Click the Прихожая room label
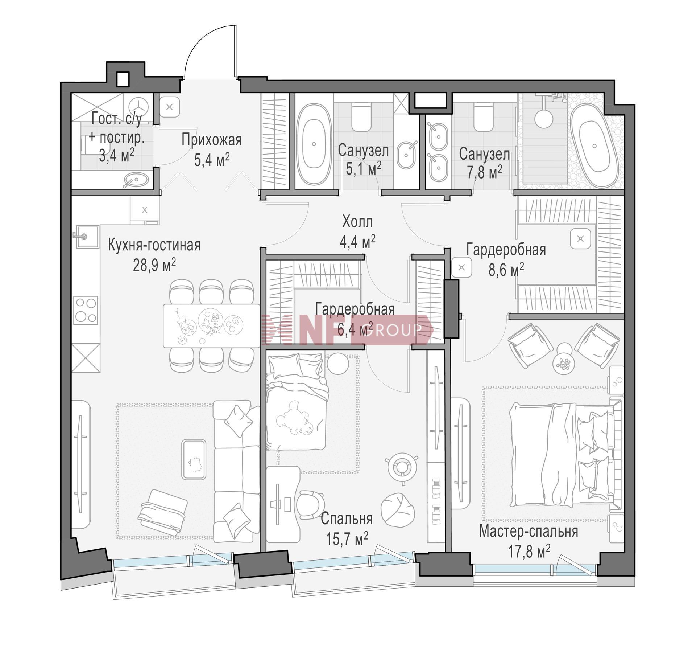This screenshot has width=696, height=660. (212, 139)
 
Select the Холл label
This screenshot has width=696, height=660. (357, 221)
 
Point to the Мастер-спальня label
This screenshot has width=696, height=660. (529, 531)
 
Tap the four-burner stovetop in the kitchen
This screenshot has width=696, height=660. (86, 310)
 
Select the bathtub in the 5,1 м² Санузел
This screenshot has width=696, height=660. (314, 144)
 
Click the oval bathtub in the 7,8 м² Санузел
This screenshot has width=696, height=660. (594, 145)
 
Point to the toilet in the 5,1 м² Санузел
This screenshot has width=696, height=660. (361, 117)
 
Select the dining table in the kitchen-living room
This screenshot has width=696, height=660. (211, 325)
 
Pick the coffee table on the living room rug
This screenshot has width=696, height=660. (194, 459)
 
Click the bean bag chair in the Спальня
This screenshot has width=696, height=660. (398, 510)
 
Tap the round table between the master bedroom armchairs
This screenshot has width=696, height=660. (564, 362)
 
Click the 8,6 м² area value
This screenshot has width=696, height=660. (506, 270)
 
